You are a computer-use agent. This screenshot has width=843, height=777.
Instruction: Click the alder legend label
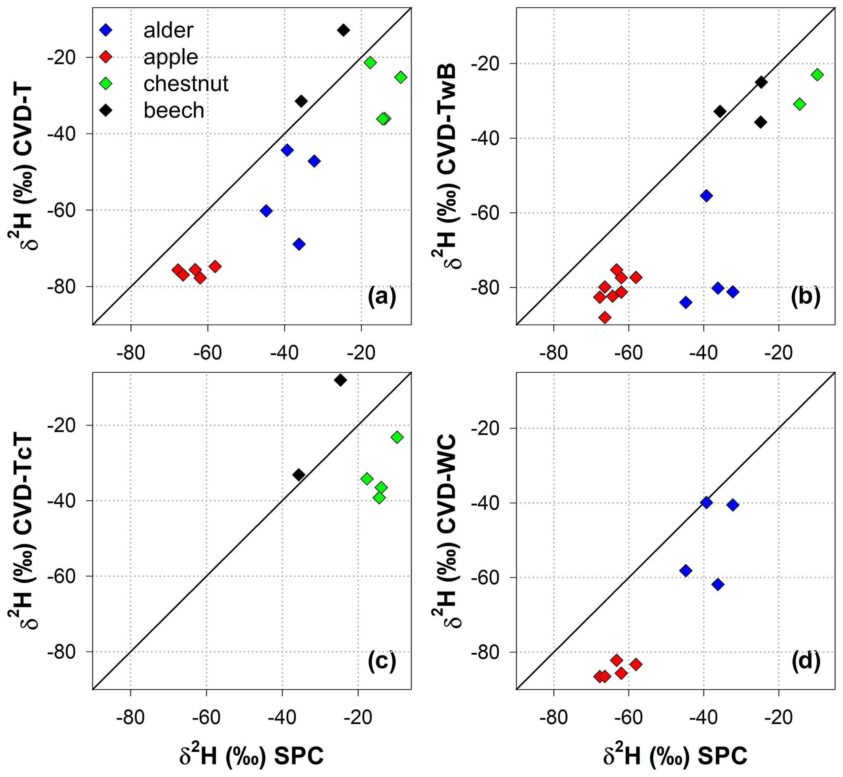tap(168, 30)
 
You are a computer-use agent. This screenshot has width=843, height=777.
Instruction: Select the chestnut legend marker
tap(106, 84)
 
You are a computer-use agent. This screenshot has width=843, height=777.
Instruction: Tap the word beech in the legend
tap(174, 110)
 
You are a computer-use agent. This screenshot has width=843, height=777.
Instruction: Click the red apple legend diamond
tap(106, 57)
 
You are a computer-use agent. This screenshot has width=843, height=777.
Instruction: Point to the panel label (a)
tap(382, 297)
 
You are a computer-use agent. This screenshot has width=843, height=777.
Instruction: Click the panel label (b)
tap(805, 297)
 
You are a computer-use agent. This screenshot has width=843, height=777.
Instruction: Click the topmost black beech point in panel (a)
tap(344, 30)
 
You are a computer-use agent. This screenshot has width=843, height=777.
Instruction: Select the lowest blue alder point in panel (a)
tap(299, 244)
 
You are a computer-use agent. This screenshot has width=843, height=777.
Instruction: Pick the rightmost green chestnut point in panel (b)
tap(817, 75)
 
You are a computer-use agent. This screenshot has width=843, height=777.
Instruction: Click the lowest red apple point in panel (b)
tap(605, 317)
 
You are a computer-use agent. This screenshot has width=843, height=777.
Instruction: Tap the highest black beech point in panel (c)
tap(340, 380)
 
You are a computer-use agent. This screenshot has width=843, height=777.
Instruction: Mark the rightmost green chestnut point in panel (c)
tap(397, 437)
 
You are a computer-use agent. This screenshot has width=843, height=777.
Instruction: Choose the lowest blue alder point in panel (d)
tap(718, 584)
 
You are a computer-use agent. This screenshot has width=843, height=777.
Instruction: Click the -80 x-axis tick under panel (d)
tap(553, 718)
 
